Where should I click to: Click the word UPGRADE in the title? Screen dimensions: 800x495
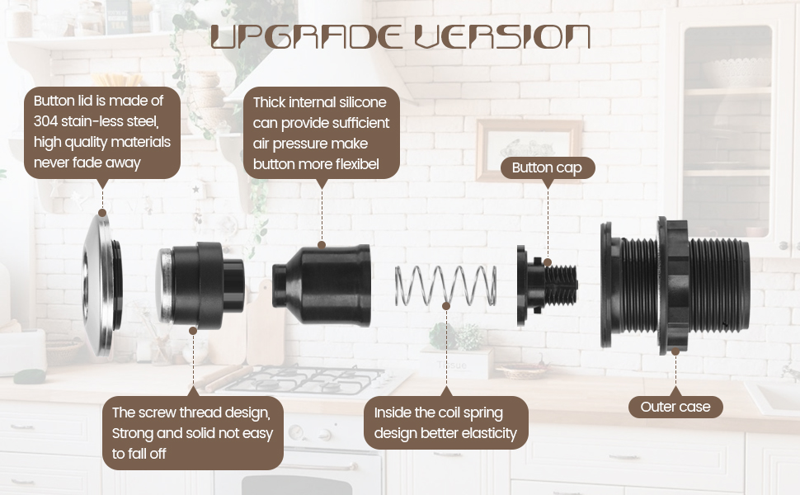pos(306,37)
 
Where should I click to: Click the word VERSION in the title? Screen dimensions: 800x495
pos(502,37)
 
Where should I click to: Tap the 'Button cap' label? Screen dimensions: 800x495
pos(547,168)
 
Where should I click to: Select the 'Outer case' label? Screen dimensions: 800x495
pos(675,407)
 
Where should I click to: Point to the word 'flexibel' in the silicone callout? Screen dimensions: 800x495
pos(358,164)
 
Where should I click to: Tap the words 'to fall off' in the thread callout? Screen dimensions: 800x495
pos(139,453)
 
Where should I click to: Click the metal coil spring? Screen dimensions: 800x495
pos(445,285)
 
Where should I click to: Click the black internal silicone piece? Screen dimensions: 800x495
pos(322,285)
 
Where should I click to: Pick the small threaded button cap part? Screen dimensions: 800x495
pos(546,285)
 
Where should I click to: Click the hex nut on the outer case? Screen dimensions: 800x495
pos(675,285)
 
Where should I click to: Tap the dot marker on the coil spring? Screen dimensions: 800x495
pos(446,306)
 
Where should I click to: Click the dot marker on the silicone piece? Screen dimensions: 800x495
pos(322,245)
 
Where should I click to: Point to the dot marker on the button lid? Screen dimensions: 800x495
pos(102,213)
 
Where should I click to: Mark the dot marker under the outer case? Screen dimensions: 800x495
pos(675,351)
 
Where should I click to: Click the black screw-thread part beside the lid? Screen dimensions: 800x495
pos(200,285)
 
